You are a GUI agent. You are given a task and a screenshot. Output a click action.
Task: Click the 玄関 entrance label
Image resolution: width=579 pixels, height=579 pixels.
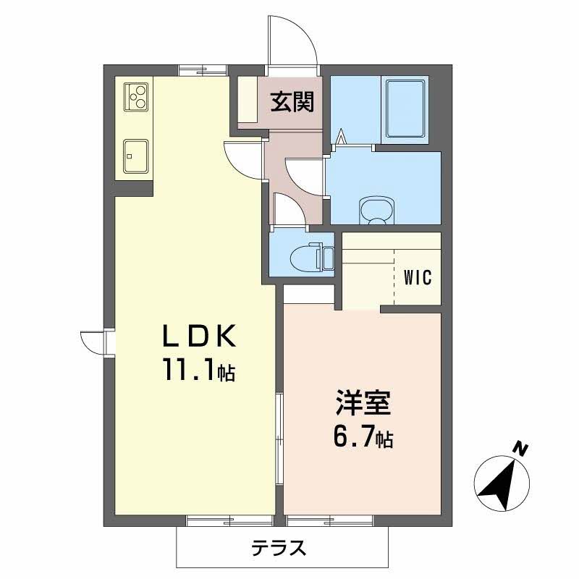coord(292,102)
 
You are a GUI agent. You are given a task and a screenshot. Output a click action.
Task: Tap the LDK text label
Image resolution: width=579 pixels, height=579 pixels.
coord(198,337)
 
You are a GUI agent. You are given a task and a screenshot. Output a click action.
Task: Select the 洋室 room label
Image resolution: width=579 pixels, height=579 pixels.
coord(363,403)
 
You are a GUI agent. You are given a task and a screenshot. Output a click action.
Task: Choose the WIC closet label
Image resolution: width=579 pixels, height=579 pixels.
coord(418,277)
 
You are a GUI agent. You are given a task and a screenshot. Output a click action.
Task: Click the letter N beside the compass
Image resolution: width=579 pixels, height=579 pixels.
coord(519,449)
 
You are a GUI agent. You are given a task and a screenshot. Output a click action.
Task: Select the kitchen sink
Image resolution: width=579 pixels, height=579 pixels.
coord(135,155)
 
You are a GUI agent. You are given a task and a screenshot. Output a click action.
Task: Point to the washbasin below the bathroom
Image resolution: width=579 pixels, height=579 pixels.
coord(377,211)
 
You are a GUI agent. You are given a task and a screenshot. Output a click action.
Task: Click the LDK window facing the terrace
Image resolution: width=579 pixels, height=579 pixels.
coord(229,518)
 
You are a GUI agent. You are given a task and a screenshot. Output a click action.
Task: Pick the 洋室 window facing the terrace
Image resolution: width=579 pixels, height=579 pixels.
coord(329,518)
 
